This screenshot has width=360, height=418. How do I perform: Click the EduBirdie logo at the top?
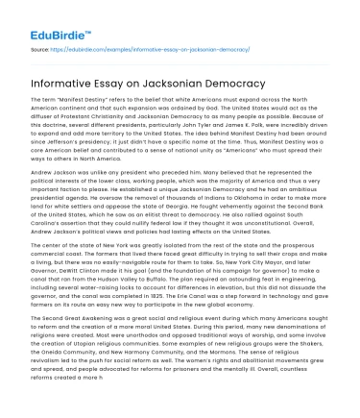[45, 13]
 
